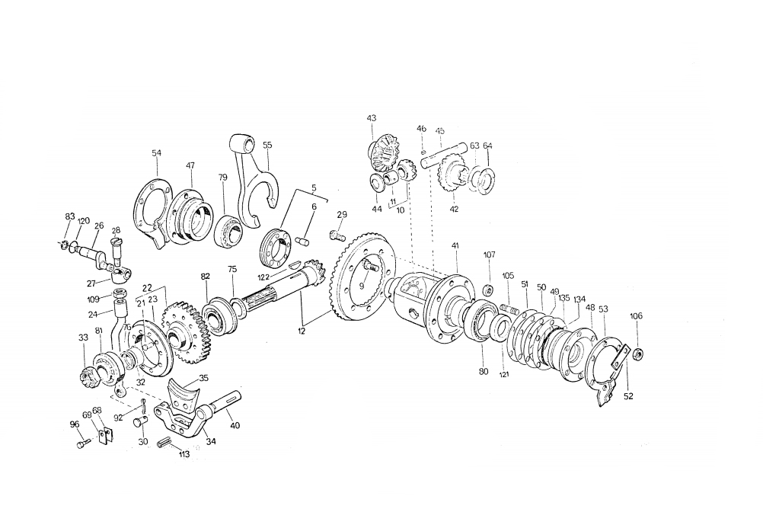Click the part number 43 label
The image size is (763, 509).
tap(372, 118)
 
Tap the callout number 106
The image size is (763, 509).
tap(636, 315)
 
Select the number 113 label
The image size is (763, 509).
tap(184, 454)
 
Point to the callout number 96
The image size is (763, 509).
tap(75, 424)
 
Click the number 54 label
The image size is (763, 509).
tap(156, 153)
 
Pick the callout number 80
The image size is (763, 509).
tap(483, 371)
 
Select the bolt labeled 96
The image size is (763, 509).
tap(83, 444)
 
